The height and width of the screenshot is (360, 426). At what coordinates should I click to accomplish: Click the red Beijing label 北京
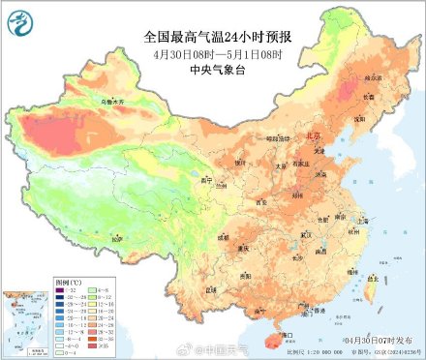312,137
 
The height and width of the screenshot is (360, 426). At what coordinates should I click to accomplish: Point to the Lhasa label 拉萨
117,238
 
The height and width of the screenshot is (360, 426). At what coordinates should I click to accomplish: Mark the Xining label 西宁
206,179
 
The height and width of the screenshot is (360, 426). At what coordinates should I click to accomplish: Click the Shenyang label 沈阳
359,118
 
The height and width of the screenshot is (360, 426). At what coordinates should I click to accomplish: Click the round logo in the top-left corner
18,18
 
